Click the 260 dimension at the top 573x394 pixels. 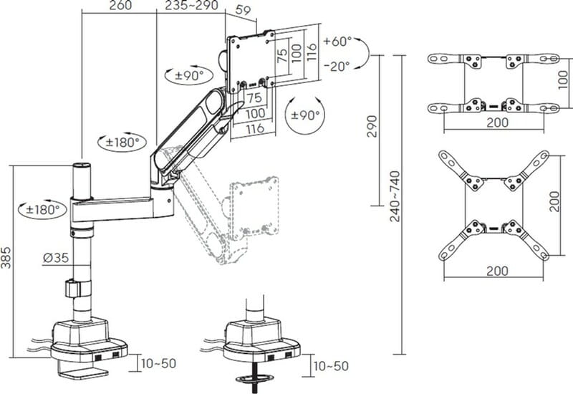(x=120, y=5)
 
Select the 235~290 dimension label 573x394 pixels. (x=191, y=5)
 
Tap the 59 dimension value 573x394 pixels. (x=244, y=10)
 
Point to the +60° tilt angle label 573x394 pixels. (x=337, y=42)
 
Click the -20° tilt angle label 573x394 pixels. (x=337, y=66)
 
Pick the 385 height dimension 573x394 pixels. (x=6, y=258)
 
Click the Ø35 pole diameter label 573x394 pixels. (x=56, y=258)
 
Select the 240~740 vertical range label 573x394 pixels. (x=395, y=196)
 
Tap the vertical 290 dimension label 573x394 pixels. (x=372, y=127)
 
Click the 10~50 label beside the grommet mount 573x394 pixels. (x=331, y=366)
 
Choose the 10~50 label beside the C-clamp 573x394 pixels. (x=158, y=364)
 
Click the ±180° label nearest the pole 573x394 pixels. (x=43, y=210)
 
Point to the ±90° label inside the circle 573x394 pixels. (x=306, y=115)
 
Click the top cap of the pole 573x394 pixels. (x=82, y=165)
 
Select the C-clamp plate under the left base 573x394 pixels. (x=83, y=373)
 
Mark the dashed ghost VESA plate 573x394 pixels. (x=254, y=206)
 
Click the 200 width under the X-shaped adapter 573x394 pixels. (x=497, y=271)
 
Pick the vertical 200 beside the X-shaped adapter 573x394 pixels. (x=554, y=201)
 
